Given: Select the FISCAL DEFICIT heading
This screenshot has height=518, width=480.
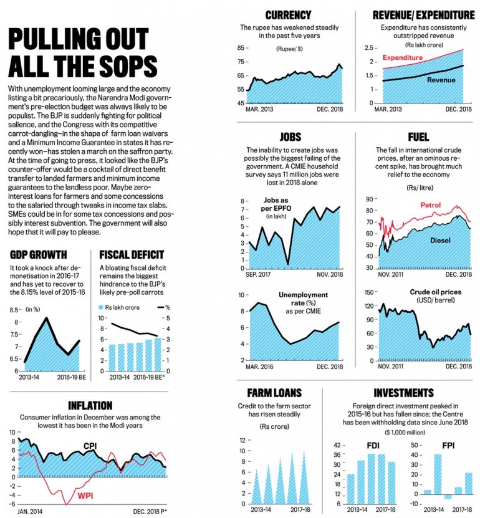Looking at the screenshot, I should click(x=132, y=254).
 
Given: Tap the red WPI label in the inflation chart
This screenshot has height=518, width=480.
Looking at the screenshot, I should click(x=86, y=496).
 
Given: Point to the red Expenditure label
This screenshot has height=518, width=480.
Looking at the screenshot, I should click(x=403, y=57).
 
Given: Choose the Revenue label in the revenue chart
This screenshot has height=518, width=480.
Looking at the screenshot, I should click(x=441, y=80).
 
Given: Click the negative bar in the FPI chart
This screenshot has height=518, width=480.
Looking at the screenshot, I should click(x=448, y=496).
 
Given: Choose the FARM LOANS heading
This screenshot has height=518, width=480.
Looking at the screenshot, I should click(x=274, y=393).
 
